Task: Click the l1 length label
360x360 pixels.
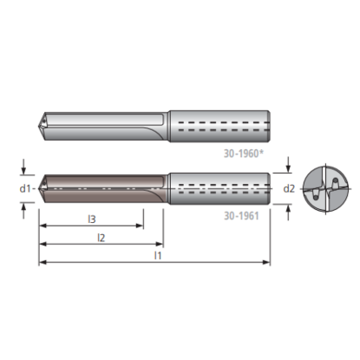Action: coord(156,256)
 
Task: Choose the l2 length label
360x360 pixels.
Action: coord(101,237)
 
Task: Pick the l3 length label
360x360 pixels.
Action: coord(91,219)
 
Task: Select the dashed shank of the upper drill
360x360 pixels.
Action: coord(219,124)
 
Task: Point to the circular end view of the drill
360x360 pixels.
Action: coord(322,187)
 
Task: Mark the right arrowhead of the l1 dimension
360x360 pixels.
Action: coord(266,262)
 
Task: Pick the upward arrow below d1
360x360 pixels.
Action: coord(24,205)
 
